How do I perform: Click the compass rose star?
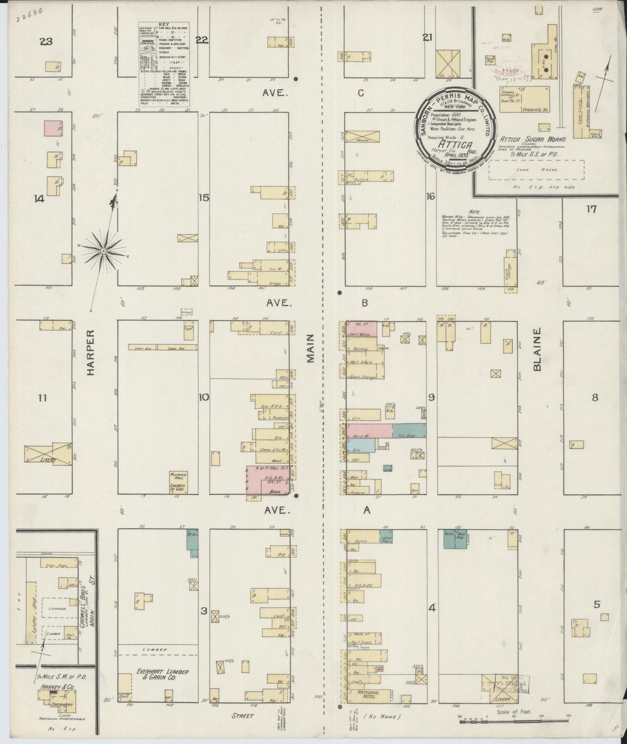(104, 251)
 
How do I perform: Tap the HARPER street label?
(90, 352)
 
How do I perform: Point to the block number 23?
(46, 42)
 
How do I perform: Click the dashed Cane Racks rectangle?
(536, 170)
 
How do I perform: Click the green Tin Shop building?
(409, 431)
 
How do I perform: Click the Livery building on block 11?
(48, 455)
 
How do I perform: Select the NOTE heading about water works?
(474, 211)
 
